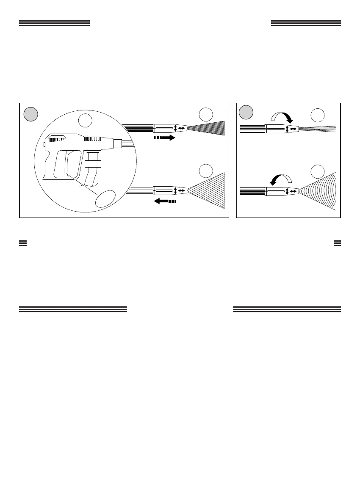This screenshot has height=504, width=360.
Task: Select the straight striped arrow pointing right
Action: tap(164, 138)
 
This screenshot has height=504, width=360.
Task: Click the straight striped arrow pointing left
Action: tap(164, 201)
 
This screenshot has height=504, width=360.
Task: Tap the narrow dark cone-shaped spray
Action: tap(208, 127)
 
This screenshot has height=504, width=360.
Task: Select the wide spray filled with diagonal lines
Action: tap(208, 191)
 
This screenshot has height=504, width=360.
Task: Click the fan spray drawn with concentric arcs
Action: tap(320, 191)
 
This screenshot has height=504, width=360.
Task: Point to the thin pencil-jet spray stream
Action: tap(318, 129)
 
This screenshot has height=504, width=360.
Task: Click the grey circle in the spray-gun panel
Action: tap(31, 114)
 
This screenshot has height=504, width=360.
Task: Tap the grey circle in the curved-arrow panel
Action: tap(246, 112)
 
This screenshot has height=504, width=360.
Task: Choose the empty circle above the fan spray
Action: tap(317, 172)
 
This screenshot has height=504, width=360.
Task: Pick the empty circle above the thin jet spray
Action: tap(317, 116)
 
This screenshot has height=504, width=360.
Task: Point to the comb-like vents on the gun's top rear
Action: tap(58, 138)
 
